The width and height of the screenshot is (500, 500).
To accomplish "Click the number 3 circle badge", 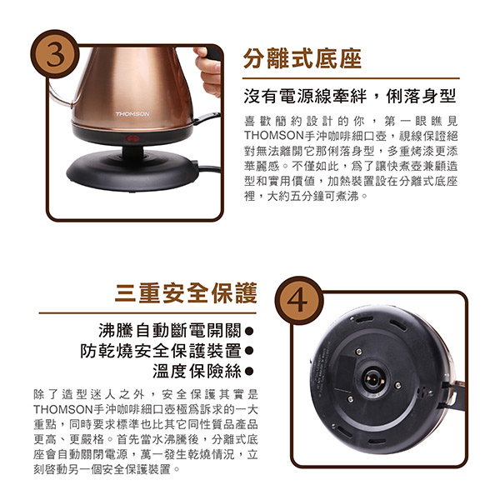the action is click(54, 54).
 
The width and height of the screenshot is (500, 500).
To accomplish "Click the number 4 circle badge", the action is click(299, 300).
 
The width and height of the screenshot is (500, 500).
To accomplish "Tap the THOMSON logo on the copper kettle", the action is click(132, 114).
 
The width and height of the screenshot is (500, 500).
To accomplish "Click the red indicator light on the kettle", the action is click(131, 138).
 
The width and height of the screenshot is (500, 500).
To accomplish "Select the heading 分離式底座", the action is click(302, 58).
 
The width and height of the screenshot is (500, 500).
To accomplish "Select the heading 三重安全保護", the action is click(186, 292).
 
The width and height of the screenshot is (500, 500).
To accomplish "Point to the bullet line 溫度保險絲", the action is click(197, 371).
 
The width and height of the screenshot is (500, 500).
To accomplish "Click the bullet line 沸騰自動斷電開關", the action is click(170, 330).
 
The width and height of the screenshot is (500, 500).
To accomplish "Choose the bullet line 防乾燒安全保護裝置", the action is click(161, 351).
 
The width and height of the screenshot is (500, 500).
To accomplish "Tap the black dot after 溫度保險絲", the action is click(249, 371).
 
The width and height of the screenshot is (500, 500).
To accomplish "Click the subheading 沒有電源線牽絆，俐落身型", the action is click(350, 96).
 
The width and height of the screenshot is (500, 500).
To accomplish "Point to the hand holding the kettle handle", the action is click(207, 71).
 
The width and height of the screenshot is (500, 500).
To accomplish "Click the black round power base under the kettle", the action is click(132, 171).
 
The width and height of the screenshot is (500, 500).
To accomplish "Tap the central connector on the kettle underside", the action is click(372, 380).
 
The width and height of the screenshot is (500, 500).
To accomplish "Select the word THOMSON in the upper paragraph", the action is click(274, 136).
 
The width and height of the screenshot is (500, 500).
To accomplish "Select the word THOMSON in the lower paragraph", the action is click(63, 409).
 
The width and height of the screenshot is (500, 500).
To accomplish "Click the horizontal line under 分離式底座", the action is click(351, 78).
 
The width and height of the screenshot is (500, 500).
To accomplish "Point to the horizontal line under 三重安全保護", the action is click(147, 313).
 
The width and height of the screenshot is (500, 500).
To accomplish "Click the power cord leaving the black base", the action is click(209, 168).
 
